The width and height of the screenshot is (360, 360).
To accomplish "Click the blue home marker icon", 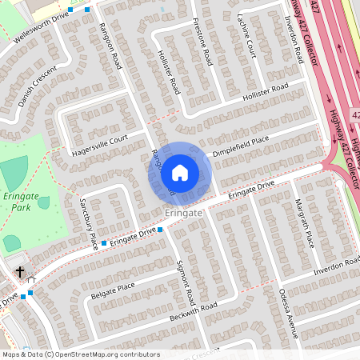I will [180, 172].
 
